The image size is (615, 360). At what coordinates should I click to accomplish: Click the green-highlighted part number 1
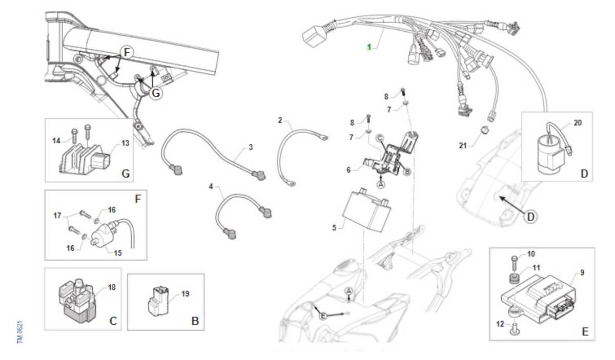[x=370, y=47]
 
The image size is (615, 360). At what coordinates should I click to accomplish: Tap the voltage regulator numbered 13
[x=85, y=159]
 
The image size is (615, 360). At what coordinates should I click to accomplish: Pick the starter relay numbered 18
[x=77, y=301]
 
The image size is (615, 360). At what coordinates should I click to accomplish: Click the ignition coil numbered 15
[x=104, y=237]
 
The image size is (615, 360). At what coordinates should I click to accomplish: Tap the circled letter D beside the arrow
[x=530, y=217]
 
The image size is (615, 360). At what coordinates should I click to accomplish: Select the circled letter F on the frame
[x=127, y=52]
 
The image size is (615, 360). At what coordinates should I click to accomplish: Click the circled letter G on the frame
[x=156, y=93]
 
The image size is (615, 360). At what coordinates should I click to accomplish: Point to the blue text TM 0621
[x=20, y=332]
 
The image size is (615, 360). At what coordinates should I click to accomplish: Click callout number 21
[x=463, y=146]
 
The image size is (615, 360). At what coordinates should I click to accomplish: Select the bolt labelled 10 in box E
[x=515, y=263]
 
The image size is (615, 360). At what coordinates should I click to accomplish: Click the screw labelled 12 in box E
[x=515, y=329]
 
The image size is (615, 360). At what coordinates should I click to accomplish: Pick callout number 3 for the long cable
[x=251, y=147]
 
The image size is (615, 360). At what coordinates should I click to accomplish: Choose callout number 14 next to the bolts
[x=56, y=141]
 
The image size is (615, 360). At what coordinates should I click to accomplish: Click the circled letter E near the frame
[x=323, y=316]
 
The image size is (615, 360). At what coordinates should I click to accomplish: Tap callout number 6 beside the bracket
[x=348, y=170]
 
